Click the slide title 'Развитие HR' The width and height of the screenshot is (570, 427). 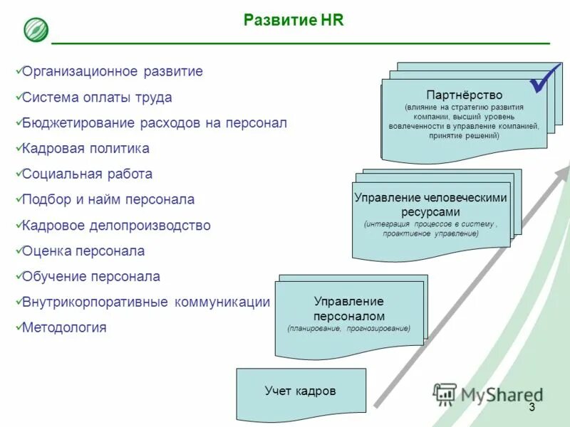click(x=294, y=20)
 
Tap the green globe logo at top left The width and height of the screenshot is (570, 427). click(x=36, y=30)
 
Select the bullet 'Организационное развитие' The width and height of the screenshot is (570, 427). click(x=113, y=71)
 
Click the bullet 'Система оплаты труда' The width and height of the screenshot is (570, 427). click(x=97, y=97)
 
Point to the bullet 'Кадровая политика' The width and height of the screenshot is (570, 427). click(x=85, y=149)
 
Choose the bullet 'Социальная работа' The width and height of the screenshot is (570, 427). click(x=87, y=174)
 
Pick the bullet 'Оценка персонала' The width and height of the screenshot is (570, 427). click(x=83, y=251)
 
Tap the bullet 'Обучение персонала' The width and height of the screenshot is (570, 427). click(x=91, y=277)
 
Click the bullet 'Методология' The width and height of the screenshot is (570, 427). click(x=64, y=328)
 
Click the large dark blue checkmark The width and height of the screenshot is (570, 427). click(x=544, y=80)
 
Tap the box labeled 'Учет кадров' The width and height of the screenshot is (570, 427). click(x=300, y=391)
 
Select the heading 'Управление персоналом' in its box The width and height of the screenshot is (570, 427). click(x=349, y=309)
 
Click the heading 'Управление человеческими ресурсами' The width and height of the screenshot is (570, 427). click(x=430, y=205)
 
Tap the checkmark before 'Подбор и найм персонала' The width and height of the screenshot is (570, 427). click(x=18, y=199)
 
